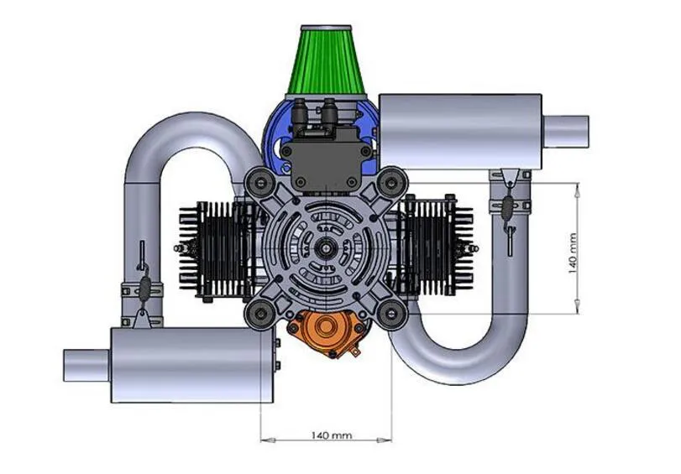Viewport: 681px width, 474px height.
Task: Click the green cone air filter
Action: click(x=326, y=60)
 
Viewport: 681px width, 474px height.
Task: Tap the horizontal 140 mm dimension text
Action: click(x=332, y=435)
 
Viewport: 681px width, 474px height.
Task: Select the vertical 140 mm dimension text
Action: click(x=573, y=253)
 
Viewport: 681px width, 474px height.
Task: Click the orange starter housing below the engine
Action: click(x=326, y=333)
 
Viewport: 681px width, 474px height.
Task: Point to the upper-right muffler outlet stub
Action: click(x=565, y=131)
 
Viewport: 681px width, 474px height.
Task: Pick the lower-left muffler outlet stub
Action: click(x=86, y=366)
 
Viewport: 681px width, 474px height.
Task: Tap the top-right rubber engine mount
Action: click(x=392, y=182)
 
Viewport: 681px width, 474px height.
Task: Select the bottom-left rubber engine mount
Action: click(x=260, y=315)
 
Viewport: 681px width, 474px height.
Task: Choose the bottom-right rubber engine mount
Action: click(x=392, y=315)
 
